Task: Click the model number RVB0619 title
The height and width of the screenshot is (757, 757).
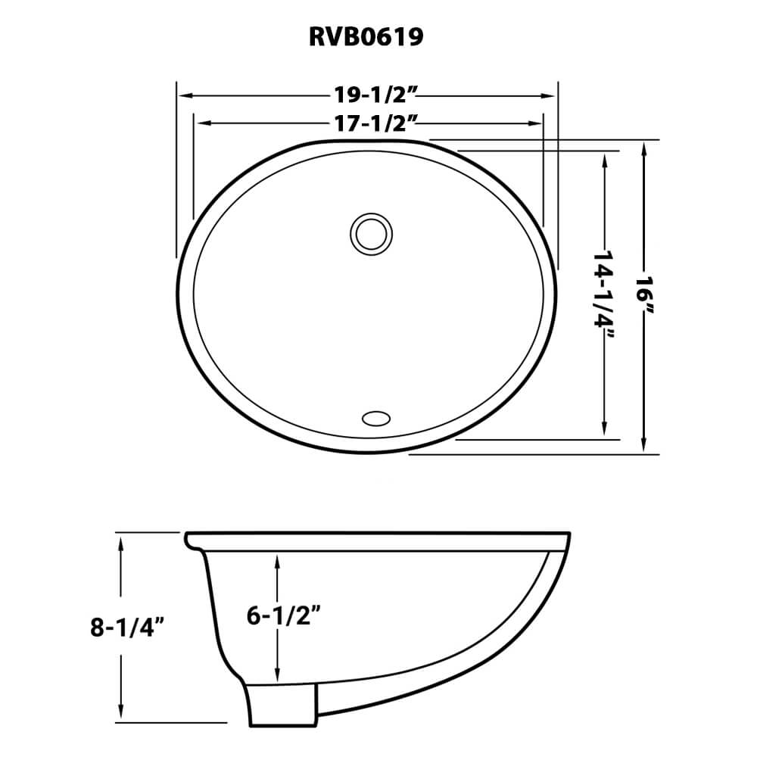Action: pyautogui.click(x=366, y=37)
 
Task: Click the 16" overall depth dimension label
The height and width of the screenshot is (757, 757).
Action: pyautogui.click(x=644, y=296)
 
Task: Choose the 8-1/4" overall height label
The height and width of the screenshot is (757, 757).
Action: pyautogui.click(x=126, y=628)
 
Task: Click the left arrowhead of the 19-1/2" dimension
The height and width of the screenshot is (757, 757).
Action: pyautogui.click(x=182, y=95)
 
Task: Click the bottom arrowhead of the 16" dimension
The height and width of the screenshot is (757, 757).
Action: pyautogui.click(x=644, y=448)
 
